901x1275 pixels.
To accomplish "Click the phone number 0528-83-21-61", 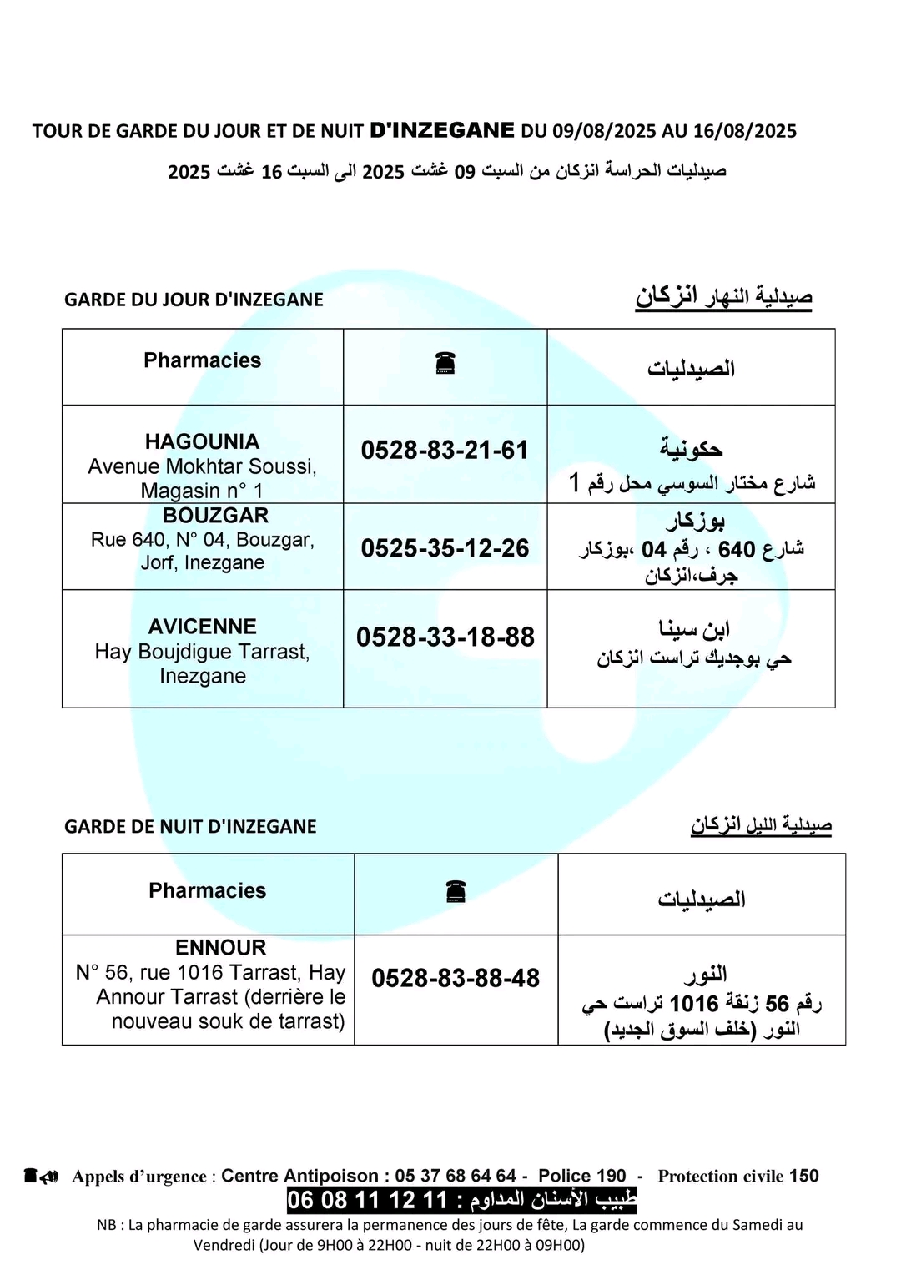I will tap(445, 451).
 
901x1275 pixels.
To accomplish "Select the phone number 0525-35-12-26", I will tap(445, 548).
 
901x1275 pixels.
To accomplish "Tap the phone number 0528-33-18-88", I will tap(445, 637).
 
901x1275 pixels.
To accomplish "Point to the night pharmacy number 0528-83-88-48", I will tap(456, 978).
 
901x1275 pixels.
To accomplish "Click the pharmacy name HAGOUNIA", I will tap(202, 441).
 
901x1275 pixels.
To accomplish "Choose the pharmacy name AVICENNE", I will tap(202, 627).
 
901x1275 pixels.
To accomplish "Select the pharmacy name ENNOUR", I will tap(221, 948).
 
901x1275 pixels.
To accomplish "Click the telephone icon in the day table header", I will tap(445, 364).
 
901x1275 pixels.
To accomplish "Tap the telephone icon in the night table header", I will tap(456, 892).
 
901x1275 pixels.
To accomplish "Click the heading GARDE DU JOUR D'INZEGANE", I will tap(194, 300).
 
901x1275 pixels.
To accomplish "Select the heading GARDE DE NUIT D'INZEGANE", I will tap(190, 827).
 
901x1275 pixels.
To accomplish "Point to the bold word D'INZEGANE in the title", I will tap(442, 130).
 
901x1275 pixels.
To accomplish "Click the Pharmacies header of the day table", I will tap(202, 360).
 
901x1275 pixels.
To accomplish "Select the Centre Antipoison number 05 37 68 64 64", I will tap(456, 1176).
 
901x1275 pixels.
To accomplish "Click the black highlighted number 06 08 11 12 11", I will tap(368, 1201).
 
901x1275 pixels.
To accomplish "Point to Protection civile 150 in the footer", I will tap(737, 1176).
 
